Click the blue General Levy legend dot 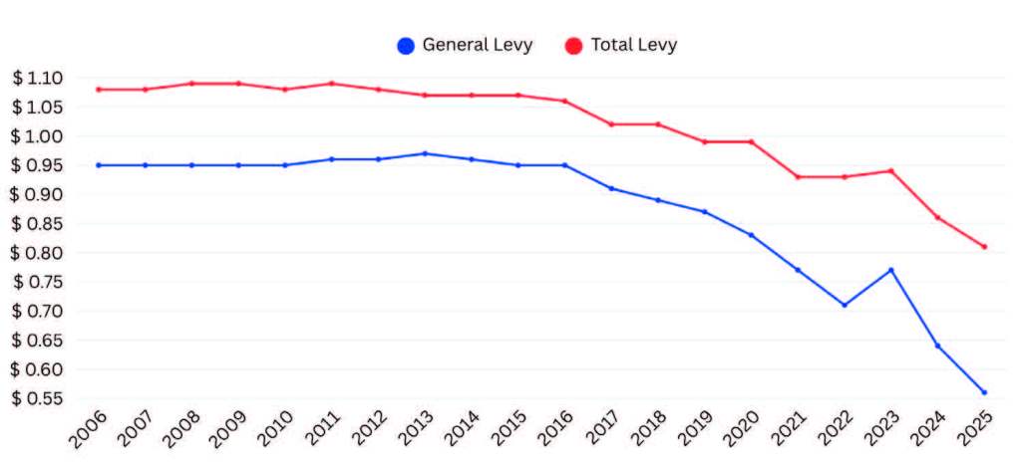click(x=406, y=46)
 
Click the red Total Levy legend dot click(x=573, y=46)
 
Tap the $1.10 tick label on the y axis click(x=38, y=78)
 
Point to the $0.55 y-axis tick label click(x=38, y=398)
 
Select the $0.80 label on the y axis click(x=38, y=253)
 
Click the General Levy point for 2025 click(x=984, y=392)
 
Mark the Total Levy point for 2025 click(x=984, y=247)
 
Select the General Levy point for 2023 click(x=890, y=270)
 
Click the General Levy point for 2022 click(x=845, y=305)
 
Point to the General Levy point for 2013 click(x=425, y=153)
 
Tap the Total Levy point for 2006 click(x=98, y=90)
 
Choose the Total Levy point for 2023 click(x=890, y=170)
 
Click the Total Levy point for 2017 click(x=611, y=124)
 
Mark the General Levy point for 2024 click(x=937, y=346)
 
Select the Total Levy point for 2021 click(x=798, y=176)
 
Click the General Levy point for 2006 click(x=98, y=165)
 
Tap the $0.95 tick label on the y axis click(x=38, y=165)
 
